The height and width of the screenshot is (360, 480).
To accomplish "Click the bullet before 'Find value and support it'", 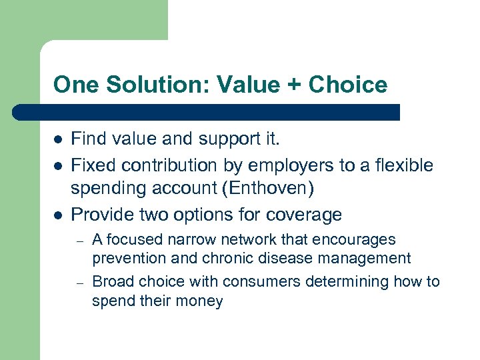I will coord(58,140).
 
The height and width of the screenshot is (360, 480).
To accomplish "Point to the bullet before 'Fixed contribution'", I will coord(58,165).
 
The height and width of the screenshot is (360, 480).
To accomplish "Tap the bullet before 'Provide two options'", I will coord(58,215).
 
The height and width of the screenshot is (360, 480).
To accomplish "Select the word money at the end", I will coord(201,301).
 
